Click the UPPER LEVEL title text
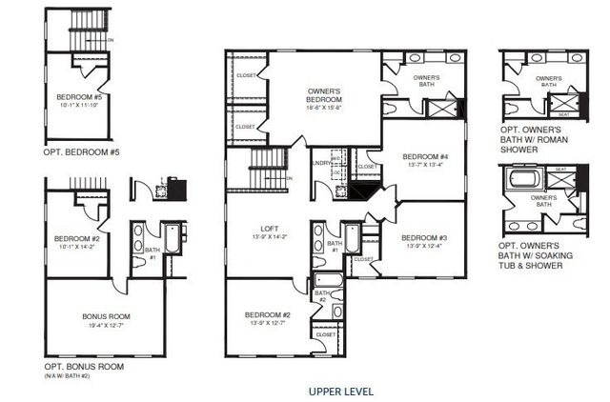click(x=341, y=392)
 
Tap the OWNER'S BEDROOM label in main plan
click(x=324, y=96)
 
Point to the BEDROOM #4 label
click(x=424, y=156)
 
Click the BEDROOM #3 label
click(x=423, y=237)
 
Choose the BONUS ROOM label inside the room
click(x=107, y=316)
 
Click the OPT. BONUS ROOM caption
click(x=84, y=367)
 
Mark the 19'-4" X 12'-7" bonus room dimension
click(x=107, y=326)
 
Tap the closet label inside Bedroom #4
click(x=367, y=167)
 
